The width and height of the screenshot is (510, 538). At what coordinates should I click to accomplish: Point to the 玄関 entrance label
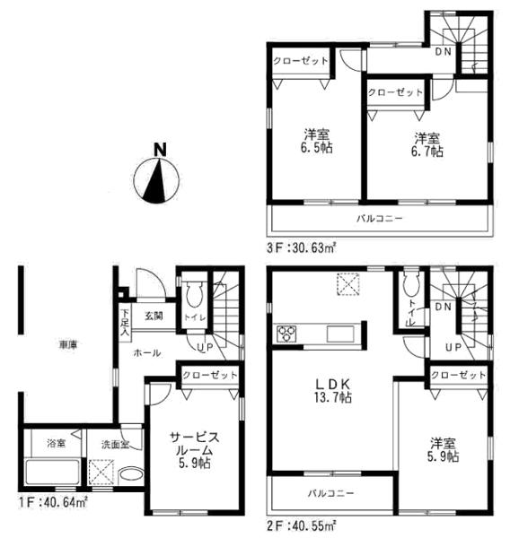click(x=153, y=316)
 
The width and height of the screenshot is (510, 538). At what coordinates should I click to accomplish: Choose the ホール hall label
click(x=147, y=353)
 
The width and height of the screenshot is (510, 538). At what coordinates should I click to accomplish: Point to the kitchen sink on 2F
click(x=340, y=334)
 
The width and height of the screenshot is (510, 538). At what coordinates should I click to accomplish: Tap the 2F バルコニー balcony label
click(x=331, y=493)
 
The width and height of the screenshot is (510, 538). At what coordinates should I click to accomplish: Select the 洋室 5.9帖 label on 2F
click(x=444, y=449)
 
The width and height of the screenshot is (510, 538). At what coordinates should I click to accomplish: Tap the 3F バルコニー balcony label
click(x=382, y=219)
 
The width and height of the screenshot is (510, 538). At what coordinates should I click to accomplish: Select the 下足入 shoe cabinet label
click(x=125, y=320)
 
